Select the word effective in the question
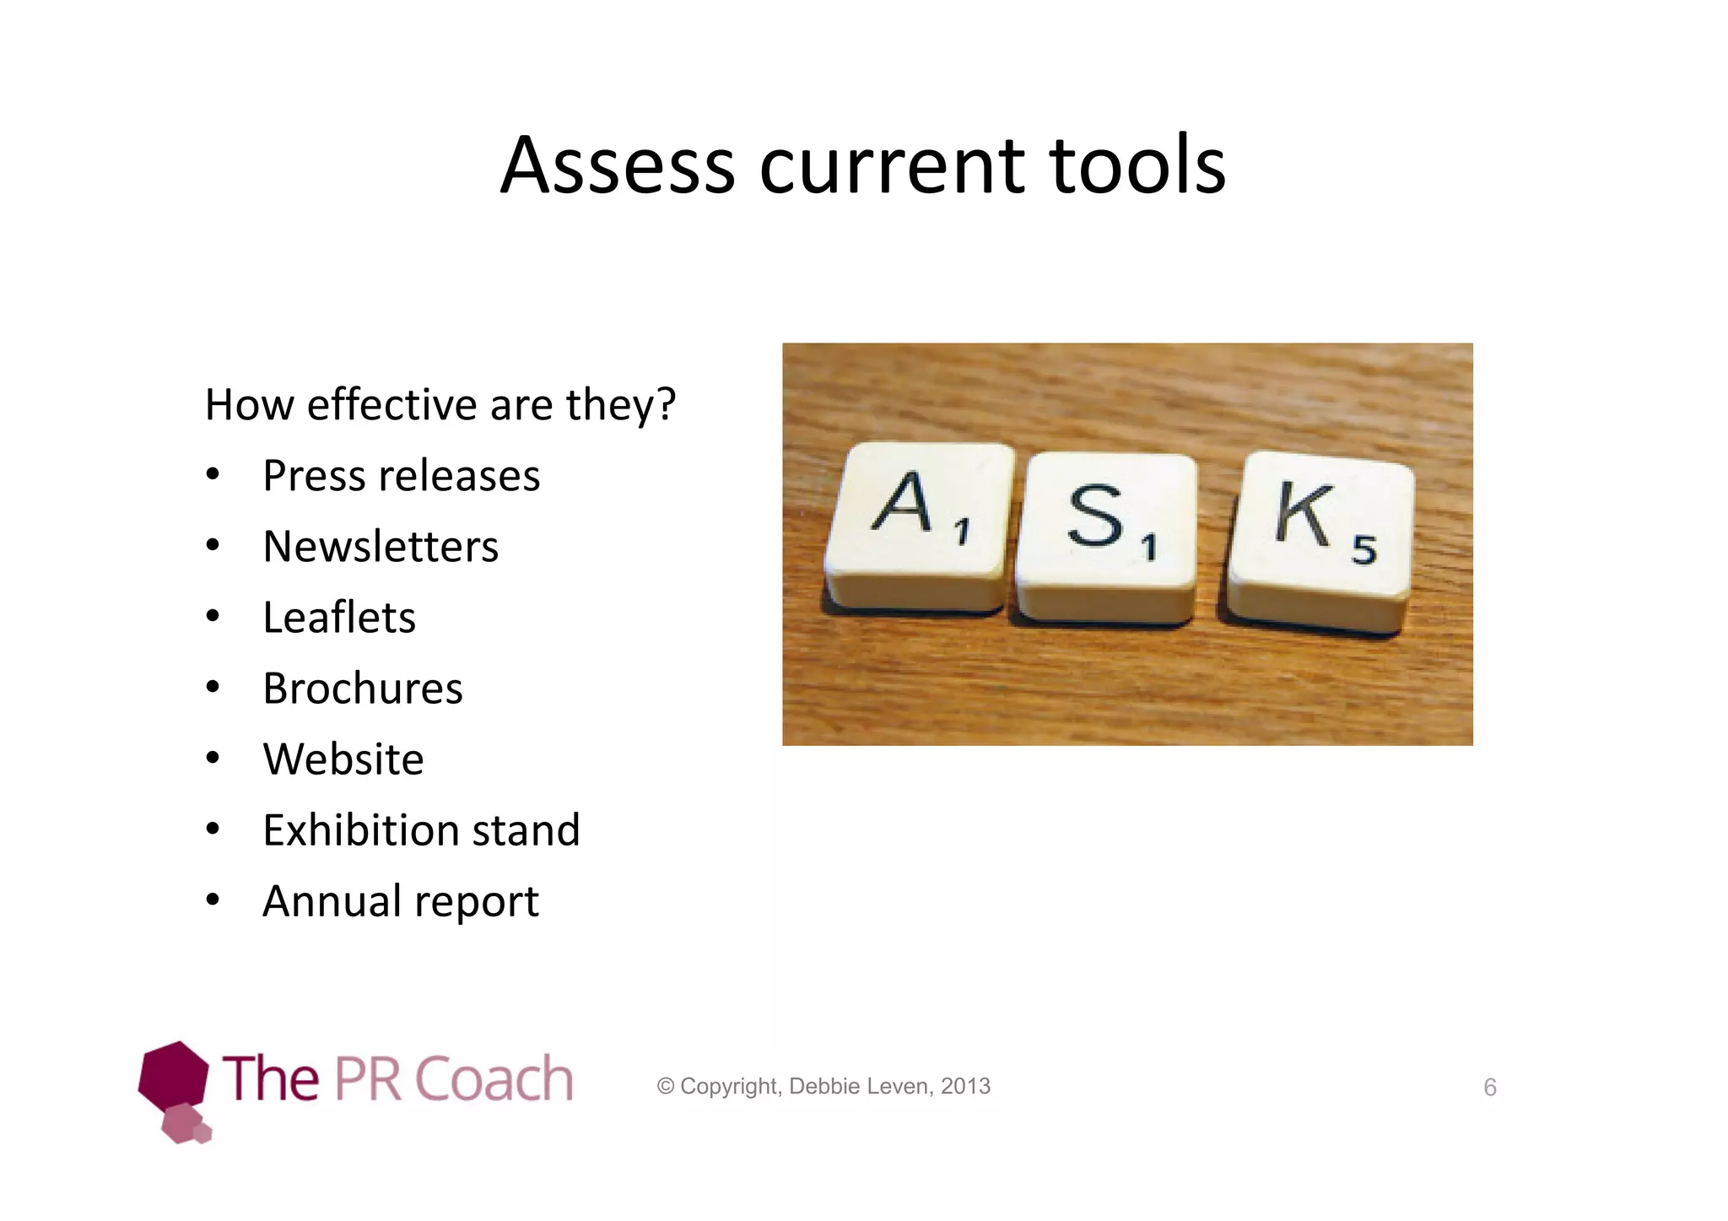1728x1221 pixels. [x=392, y=404]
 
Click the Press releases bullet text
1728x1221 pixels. [x=401, y=476]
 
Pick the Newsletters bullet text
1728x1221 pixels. [x=381, y=547]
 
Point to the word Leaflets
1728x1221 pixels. [x=339, y=618]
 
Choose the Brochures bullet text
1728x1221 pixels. [x=363, y=689]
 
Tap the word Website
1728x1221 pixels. [x=343, y=759]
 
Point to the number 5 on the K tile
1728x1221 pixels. [x=1364, y=550]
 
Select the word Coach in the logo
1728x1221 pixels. [x=494, y=1079]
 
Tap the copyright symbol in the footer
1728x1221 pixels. [x=666, y=1087]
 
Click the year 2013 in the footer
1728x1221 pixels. [x=965, y=1087]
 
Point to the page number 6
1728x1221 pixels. [x=1490, y=1088]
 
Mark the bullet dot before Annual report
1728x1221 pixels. [x=213, y=900]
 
